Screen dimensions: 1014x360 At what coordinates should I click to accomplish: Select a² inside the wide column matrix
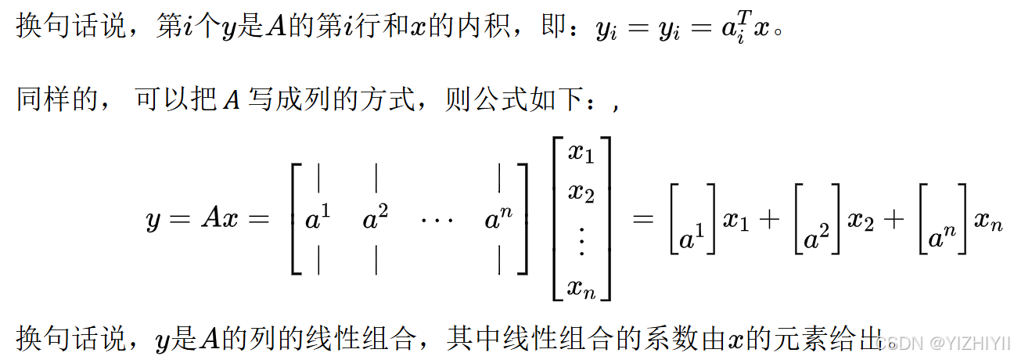[376, 220]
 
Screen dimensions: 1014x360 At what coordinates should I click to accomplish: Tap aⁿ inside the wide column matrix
[498, 220]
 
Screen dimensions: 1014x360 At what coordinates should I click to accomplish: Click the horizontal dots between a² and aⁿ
[436, 221]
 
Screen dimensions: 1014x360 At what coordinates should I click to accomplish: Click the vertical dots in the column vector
[581, 243]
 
